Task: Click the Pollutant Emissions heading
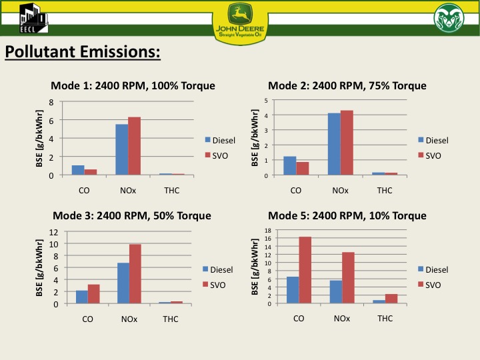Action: coord(83,52)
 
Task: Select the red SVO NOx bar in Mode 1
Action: coord(135,146)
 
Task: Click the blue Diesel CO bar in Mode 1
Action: coord(78,170)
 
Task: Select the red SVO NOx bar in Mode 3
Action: coord(135,274)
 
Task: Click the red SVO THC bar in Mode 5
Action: coord(391,299)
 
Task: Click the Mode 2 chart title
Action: coord(347,86)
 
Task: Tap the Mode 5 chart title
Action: coord(347,215)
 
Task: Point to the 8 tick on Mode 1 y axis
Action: coord(51,102)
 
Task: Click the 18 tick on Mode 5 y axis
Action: coord(267,231)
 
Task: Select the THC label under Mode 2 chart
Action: coord(385,190)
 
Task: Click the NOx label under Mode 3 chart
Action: coord(129,319)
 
